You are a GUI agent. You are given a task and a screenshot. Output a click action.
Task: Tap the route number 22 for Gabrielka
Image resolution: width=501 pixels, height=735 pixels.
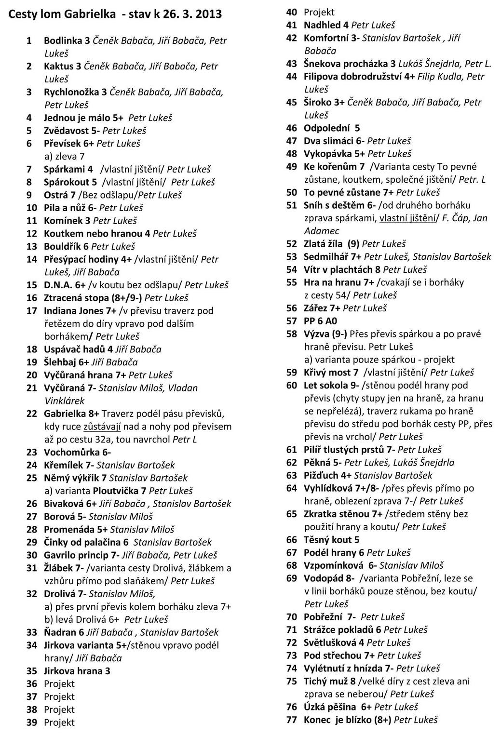(x=32, y=414)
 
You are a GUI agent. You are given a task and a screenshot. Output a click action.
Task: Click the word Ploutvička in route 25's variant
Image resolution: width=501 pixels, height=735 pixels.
(x=116, y=491)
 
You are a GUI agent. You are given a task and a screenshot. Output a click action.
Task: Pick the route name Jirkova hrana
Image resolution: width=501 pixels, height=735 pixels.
(x=73, y=671)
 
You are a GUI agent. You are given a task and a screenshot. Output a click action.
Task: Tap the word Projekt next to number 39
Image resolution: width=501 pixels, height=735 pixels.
(x=59, y=722)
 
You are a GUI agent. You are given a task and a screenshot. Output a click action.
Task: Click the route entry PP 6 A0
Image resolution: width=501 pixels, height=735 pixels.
(x=320, y=321)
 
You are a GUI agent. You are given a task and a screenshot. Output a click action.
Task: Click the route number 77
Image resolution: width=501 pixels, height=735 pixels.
(x=292, y=720)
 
